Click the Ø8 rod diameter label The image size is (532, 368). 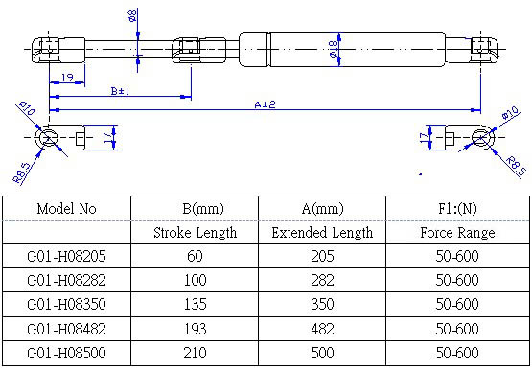click(132, 16)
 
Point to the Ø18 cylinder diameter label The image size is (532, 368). click(334, 49)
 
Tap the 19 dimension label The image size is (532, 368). click(67, 78)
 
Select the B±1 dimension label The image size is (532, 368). click(120, 91)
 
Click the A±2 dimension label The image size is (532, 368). click(265, 104)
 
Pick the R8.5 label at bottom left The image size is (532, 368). click(22, 172)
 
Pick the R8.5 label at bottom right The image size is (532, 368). click(515, 165)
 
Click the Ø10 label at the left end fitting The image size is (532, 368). click(27, 108)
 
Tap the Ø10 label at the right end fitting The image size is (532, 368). click(510, 112)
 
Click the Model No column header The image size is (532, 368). click(66, 208)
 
